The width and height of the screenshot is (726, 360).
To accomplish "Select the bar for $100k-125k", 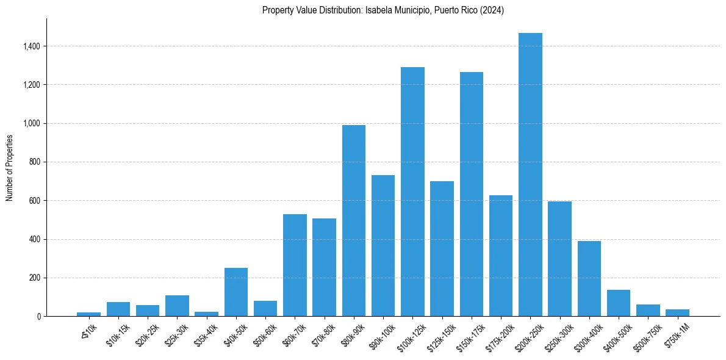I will [412, 192].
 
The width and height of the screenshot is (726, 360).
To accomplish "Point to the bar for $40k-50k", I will [236, 292].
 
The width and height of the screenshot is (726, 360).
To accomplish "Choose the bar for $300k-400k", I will [589, 278].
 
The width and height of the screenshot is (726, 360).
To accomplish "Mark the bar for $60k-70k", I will [295, 265].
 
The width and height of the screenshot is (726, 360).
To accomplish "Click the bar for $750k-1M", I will [677, 312].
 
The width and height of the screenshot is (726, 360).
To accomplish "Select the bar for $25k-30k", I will [177, 306].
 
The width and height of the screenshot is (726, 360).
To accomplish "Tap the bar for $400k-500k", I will [619, 303].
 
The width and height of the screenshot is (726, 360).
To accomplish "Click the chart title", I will [383, 10].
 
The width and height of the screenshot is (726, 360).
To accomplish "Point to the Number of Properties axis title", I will [10, 168].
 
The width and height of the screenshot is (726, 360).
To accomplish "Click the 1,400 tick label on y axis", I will [32, 46].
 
